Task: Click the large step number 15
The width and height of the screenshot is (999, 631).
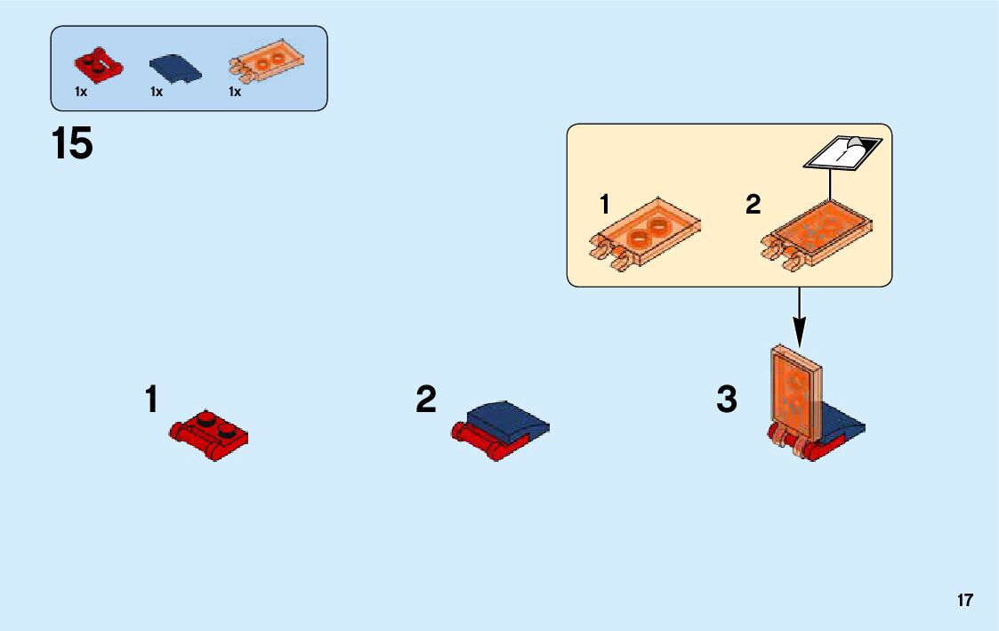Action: click(73, 144)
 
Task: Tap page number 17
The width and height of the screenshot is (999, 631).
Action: click(965, 601)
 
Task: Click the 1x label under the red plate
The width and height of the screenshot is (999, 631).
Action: click(81, 92)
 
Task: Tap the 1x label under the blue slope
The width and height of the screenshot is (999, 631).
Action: click(157, 92)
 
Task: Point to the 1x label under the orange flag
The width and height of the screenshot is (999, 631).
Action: click(235, 92)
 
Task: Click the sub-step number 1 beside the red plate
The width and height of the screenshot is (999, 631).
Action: click(152, 400)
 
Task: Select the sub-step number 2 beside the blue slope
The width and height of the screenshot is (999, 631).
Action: click(426, 400)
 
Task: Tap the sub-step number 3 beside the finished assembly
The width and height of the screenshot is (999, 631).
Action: click(727, 400)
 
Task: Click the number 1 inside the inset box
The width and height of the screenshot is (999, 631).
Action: click(605, 206)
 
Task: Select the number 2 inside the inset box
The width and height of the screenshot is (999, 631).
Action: click(753, 206)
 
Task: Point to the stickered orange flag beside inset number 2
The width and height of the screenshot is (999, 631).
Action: click(817, 233)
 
